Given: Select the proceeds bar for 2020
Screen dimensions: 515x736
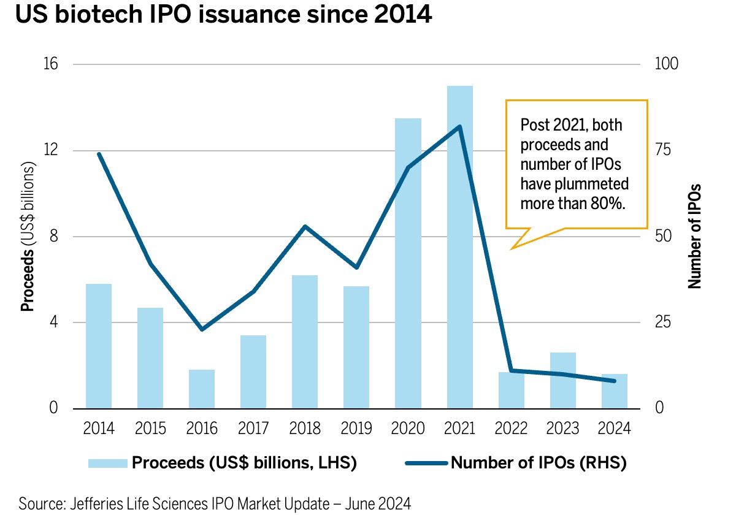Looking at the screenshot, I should point(408,263).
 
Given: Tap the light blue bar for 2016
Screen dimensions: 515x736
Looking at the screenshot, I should point(202,389).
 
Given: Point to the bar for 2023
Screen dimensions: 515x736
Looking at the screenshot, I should point(563,380).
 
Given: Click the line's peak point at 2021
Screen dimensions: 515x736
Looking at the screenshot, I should point(460,127).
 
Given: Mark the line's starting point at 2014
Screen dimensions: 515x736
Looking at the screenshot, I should point(99,154).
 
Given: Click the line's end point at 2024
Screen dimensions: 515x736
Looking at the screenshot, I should point(614,381).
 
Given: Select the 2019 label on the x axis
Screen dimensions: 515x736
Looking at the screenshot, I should point(356,428).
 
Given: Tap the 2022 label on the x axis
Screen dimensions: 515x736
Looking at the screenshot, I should point(511,428).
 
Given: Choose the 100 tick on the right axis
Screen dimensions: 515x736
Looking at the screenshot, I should point(667,64).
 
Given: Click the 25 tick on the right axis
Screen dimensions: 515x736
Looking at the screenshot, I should point(663,322).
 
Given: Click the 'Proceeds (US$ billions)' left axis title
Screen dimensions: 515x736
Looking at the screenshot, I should point(28,237).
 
